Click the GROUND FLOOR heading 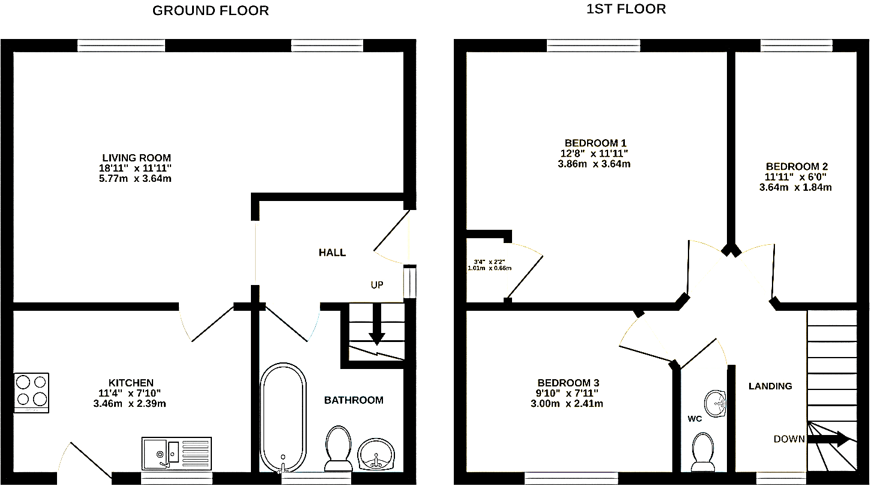pyautogui.click(x=210, y=11)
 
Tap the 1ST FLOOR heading pyautogui.click(x=626, y=9)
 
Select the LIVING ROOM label pyautogui.click(x=137, y=158)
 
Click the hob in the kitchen pyautogui.click(x=31, y=392)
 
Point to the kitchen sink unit pyautogui.click(x=176, y=454)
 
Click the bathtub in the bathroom pyautogui.click(x=283, y=418)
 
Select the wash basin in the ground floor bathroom pyautogui.click(x=376, y=455)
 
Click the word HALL pyautogui.click(x=332, y=253)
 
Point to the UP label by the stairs pyautogui.click(x=377, y=285)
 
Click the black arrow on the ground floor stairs pyautogui.click(x=376, y=324)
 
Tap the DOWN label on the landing pyautogui.click(x=789, y=439)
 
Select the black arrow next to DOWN pyautogui.click(x=828, y=439)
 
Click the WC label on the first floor pyautogui.click(x=695, y=419)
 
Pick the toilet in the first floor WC pyautogui.click(x=703, y=452)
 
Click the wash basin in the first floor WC pyautogui.click(x=715, y=404)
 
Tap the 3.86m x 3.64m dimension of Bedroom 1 pyautogui.click(x=594, y=164)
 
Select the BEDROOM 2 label pyautogui.click(x=797, y=166)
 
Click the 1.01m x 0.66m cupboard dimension pyautogui.click(x=489, y=268)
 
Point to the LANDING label pyautogui.click(x=770, y=386)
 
